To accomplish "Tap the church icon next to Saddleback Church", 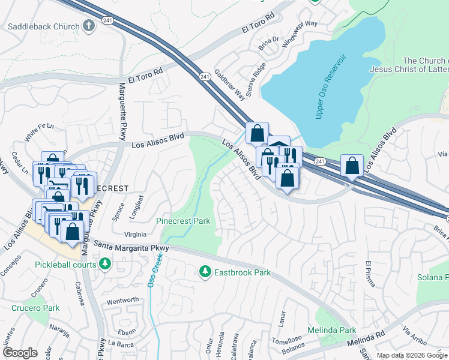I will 89,26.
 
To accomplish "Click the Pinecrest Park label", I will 183,221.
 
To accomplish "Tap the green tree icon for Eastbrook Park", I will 205,272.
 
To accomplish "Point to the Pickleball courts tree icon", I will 105,263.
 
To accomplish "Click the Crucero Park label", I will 35,308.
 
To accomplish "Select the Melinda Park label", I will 331,330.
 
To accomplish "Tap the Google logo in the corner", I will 20,353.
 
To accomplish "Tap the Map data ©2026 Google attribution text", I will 412,355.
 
